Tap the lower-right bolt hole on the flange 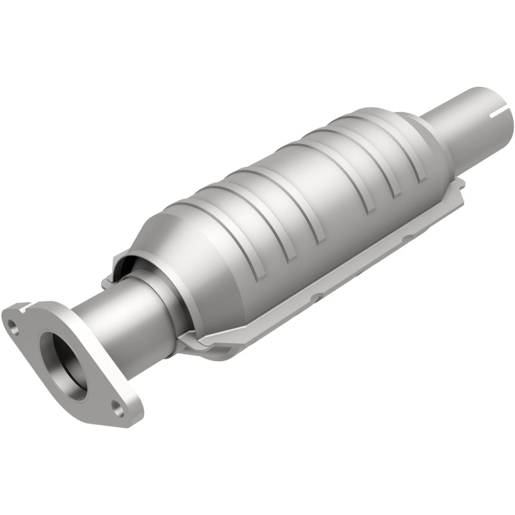pos(118,406)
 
